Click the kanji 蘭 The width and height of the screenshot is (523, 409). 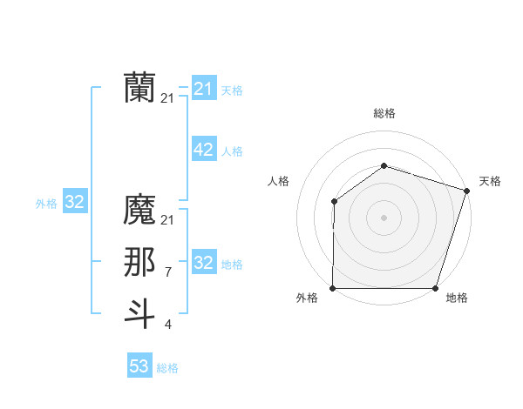139,88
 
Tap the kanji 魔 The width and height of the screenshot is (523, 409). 139,210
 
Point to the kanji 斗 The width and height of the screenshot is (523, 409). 139,314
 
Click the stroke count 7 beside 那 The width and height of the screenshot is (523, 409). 167,272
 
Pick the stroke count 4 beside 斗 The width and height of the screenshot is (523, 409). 167,325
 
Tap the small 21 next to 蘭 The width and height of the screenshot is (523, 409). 167,98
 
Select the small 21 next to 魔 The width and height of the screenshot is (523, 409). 167,220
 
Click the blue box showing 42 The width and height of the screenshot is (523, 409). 203,151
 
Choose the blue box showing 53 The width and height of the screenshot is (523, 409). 139,366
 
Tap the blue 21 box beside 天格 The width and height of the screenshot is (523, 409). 203,89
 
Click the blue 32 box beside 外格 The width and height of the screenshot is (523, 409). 75,203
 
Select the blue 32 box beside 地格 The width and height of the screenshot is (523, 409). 203,264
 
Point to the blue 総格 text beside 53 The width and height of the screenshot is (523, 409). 167,368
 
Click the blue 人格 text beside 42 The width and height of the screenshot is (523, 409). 232,151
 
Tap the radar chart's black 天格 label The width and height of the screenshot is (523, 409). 490,181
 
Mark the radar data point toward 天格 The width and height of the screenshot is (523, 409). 466,191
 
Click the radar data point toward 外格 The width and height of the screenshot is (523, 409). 333,288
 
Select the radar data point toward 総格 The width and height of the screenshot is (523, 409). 384,165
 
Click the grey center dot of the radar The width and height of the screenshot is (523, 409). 384,218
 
